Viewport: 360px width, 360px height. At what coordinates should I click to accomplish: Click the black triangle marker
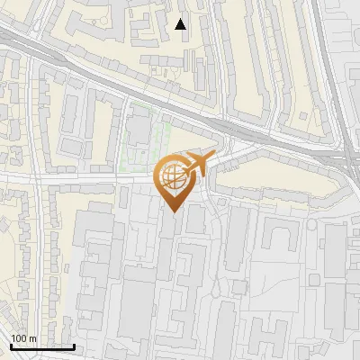[181, 24]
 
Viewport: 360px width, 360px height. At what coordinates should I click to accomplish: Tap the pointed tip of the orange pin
[171, 211]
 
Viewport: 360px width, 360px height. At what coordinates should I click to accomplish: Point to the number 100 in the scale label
[20, 338]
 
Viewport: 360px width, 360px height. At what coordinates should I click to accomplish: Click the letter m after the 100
[33, 338]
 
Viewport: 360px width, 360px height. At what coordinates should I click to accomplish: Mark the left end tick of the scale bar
[11, 345]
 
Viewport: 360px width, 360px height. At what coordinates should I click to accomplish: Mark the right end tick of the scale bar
[74, 345]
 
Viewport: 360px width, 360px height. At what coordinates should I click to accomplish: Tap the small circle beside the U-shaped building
[310, 225]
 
